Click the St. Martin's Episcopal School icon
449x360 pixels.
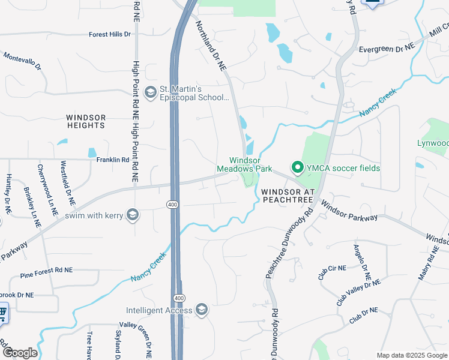[x=149, y=91]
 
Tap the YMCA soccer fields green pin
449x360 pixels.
[x=296, y=168]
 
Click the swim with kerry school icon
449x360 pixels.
[x=132, y=215]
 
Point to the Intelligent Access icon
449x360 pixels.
[x=202, y=310]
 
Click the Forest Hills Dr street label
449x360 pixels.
[x=109, y=34]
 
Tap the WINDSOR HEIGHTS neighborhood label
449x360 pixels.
[x=86, y=121]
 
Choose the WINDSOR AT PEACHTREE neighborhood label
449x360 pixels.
[x=288, y=196]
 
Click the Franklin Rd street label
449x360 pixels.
[x=113, y=160]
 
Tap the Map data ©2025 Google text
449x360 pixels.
[x=411, y=355]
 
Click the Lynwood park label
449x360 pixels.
[x=433, y=143]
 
